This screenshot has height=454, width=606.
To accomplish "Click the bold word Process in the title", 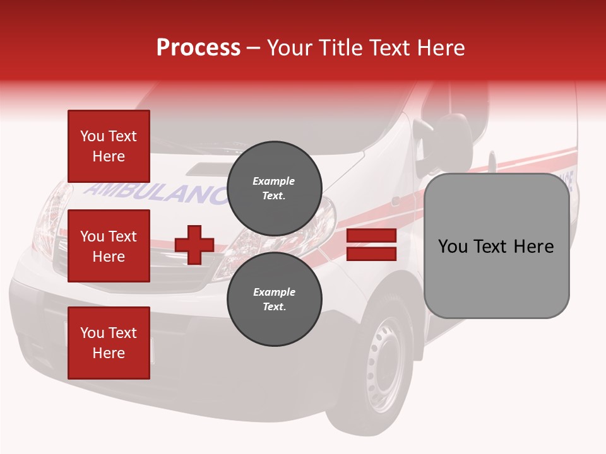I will (x=198, y=47).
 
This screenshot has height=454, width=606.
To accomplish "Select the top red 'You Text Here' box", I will (x=109, y=146).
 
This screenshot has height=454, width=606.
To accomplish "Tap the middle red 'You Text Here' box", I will (x=109, y=246).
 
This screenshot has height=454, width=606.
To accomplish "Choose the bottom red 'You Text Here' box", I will (x=109, y=343).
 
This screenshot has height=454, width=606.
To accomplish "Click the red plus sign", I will (x=194, y=245).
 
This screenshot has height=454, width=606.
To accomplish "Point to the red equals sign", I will (x=371, y=245).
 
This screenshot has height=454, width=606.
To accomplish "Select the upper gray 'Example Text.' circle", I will (x=274, y=189).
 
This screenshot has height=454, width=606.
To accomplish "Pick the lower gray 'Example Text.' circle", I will (x=274, y=300).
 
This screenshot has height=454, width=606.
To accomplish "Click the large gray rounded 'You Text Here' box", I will (x=496, y=246).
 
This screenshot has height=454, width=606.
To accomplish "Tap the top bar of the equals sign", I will (x=371, y=236).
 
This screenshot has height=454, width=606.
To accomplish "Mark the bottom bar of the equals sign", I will (x=371, y=253).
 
